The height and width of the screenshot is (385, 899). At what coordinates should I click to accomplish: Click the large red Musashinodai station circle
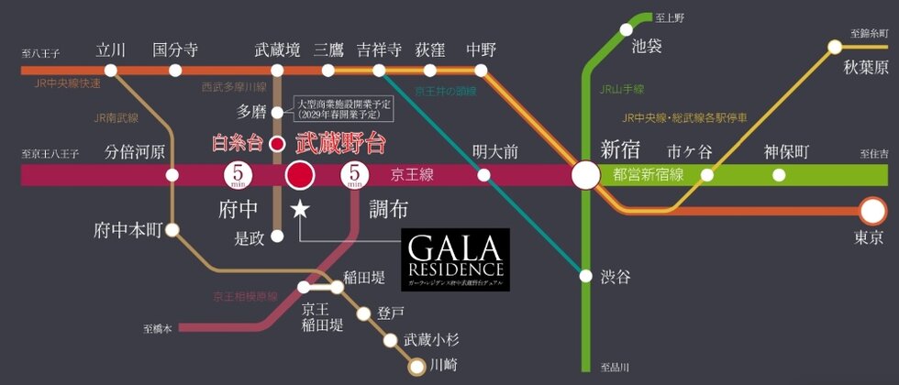300,175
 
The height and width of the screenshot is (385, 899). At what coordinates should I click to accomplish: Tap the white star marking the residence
300,210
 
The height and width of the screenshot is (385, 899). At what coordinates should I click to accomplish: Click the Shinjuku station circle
584,175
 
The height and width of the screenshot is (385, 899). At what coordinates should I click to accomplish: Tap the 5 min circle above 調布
354,174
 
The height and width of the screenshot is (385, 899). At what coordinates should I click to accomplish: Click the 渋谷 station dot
584,273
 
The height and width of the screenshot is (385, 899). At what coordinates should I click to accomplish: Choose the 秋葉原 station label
866,69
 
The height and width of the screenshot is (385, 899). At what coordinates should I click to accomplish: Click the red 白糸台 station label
237,143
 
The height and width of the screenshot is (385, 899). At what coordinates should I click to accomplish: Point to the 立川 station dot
111,70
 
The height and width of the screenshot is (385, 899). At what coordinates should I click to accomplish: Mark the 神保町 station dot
780,175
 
